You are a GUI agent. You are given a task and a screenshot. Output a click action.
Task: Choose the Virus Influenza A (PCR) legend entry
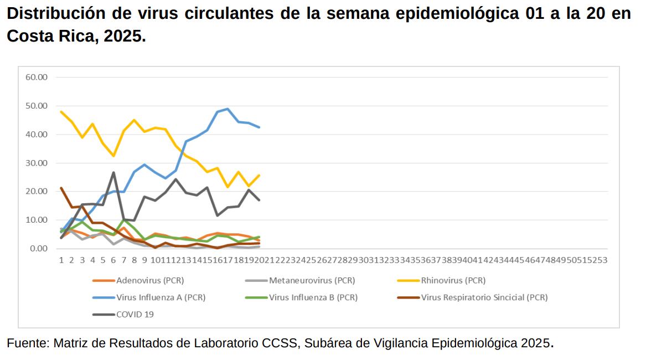[161, 297]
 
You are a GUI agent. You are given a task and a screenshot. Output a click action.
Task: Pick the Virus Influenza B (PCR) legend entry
[313, 297]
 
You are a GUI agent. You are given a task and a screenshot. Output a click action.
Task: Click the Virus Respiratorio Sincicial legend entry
[484, 297]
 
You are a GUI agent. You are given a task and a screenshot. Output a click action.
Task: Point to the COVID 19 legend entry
[135, 315]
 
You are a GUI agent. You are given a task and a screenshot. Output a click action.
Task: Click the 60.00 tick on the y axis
[37, 77]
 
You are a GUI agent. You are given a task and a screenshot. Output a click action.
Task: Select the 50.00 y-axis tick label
[37, 106]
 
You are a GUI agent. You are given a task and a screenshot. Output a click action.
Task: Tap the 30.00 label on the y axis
[37, 163]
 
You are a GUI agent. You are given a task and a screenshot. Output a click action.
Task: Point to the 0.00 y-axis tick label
[39, 249]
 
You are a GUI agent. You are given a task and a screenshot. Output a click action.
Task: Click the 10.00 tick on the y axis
[37, 220]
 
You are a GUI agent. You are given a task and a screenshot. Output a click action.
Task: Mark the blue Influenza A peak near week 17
[228, 109]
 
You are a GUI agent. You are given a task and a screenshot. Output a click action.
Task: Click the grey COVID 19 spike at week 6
[113, 172]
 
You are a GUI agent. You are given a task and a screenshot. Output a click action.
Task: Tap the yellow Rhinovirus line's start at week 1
[61, 112]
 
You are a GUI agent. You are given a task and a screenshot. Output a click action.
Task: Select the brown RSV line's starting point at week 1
[61, 188]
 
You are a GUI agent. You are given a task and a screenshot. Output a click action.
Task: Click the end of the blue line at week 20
[259, 127]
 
